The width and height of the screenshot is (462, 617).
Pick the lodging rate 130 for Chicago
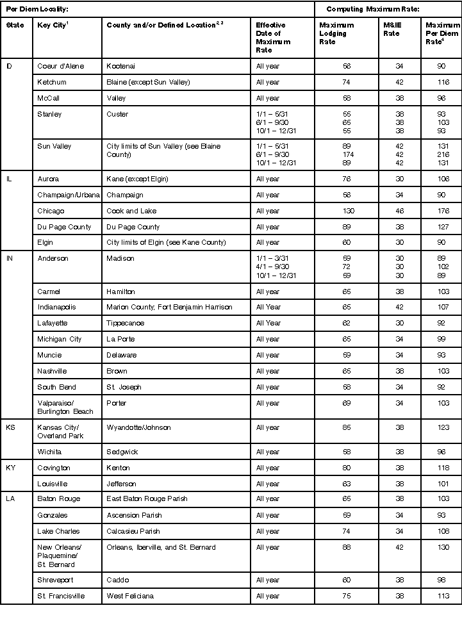[347, 211]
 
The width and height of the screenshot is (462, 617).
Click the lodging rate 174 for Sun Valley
[347, 154]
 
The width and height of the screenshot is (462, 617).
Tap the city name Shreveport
[56, 580]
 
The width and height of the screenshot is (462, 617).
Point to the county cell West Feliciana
[130, 596]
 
